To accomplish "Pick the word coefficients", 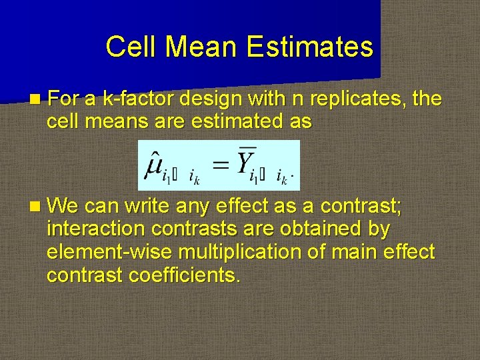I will (187, 275).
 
